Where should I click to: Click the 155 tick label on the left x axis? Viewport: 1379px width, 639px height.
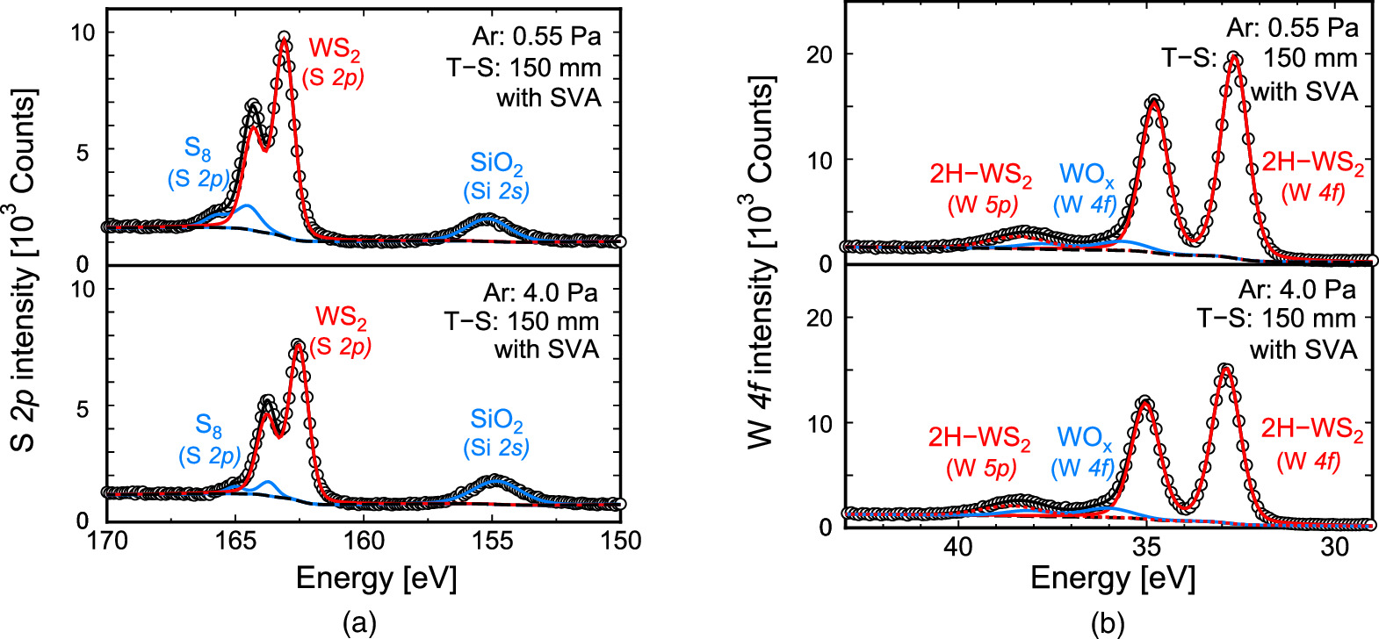point(493,541)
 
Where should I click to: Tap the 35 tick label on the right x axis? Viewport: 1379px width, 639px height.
point(1146,546)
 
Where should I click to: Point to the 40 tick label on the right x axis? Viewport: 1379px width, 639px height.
point(958,546)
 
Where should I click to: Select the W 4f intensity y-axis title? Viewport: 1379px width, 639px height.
point(762,263)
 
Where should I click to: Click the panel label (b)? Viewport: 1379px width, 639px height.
point(1107,623)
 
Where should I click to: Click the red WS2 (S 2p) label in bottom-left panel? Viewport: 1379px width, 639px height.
point(341,330)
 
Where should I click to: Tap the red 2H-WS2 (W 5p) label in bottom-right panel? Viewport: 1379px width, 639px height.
point(980,451)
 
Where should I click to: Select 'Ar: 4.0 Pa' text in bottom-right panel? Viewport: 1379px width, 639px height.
point(1297,290)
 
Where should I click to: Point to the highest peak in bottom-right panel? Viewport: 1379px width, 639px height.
point(1226,370)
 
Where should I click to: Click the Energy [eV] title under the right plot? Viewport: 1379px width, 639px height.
point(1112,578)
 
